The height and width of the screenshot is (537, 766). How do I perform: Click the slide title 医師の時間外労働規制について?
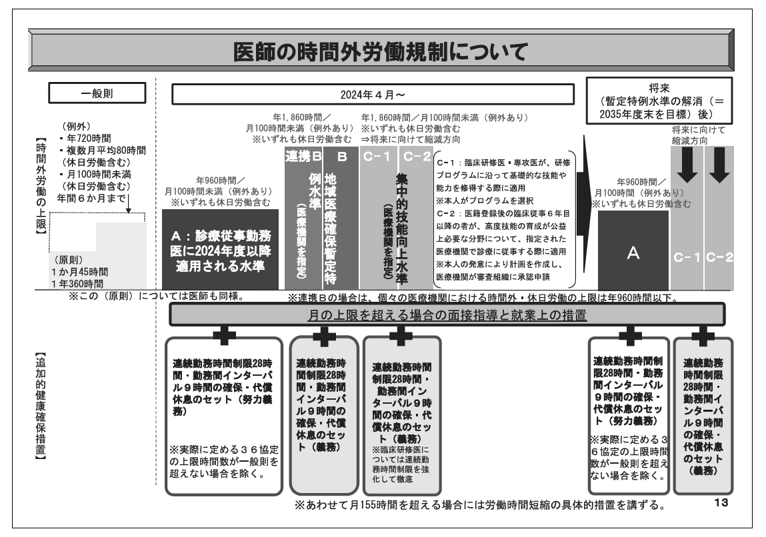380,51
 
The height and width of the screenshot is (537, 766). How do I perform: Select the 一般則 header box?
97,93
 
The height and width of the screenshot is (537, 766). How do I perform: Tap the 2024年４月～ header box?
373,94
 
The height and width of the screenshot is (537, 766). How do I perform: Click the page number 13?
721,502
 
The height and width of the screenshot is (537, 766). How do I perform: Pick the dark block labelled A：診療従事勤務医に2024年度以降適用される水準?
220,249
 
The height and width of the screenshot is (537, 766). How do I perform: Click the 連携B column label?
303,156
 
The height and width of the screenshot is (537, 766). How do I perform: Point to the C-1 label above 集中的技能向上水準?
377,156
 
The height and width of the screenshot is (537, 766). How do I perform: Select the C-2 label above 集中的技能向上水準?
417,156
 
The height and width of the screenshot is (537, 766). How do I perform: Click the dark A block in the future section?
633,251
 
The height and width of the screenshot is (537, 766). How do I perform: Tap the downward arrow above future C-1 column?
687,165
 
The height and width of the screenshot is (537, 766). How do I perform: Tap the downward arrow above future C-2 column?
719,165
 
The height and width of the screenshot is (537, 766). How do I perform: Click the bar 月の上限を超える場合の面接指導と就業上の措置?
447,315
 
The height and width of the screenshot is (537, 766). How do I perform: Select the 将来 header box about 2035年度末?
659,101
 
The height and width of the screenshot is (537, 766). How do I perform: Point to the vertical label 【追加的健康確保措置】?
41,406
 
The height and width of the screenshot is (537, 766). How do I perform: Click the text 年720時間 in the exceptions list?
89,139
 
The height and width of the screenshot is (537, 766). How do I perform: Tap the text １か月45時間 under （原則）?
79,272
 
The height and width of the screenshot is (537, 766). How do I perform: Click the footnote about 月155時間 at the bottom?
480,505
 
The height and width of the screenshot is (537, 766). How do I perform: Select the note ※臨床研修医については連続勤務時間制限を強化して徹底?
401,464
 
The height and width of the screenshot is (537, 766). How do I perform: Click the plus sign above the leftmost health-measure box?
224,334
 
